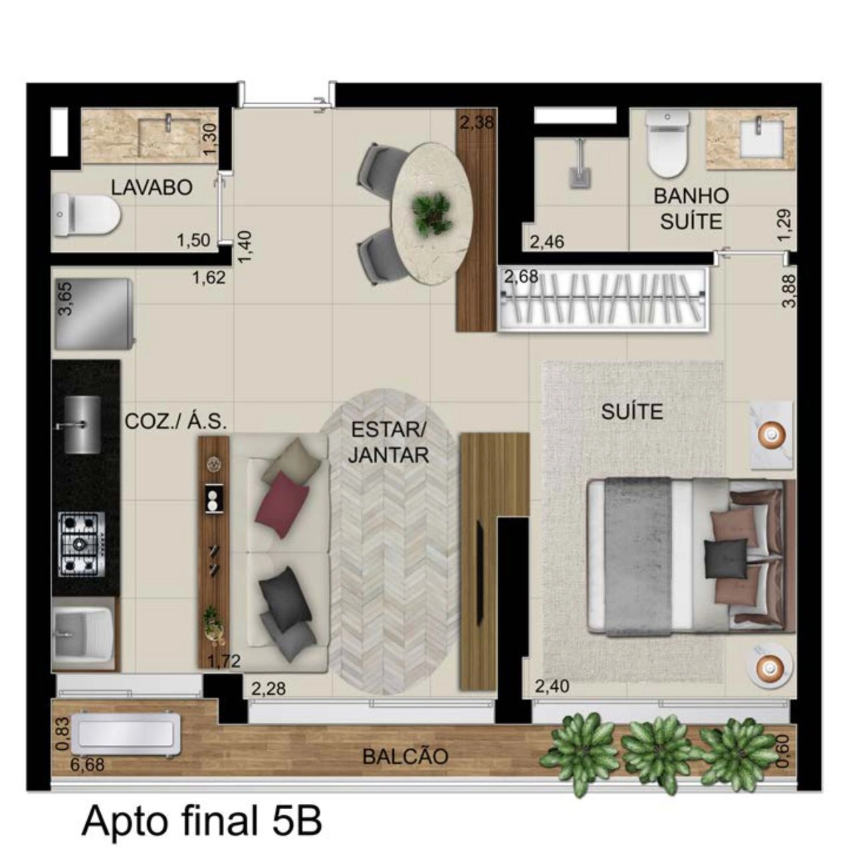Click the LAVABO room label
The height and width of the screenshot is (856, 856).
tap(152, 187)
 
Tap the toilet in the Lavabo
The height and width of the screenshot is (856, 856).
tap(86, 216)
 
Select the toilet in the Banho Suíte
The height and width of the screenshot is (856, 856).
tap(667, 144)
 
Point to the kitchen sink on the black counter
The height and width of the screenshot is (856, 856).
tap(83, 425)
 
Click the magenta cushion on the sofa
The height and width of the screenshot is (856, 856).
tap(282, 500)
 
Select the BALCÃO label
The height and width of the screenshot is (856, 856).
tap(405, 756)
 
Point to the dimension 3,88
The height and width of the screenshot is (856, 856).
tap(787, 291)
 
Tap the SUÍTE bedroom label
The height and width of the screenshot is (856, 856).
tap(632, 412)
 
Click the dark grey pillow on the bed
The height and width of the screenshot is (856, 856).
tap(726, 559)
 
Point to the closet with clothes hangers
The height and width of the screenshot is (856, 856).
tap(603, 298)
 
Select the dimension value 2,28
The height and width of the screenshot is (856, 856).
tap(268, 689)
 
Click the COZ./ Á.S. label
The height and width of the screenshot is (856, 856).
tap(176, 421)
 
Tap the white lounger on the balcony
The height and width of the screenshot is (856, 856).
tap(128, 735)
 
